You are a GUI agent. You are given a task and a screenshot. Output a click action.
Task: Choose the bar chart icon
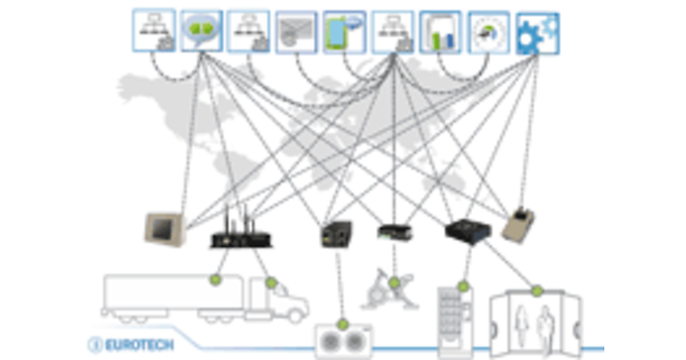[440, 33]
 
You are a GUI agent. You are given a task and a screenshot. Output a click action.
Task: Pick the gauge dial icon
[488, 33]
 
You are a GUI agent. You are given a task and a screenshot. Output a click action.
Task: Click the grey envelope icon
[296, 33]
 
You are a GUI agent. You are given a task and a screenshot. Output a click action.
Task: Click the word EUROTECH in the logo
[139, 345]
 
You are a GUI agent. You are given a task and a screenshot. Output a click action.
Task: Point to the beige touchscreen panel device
[164, 229]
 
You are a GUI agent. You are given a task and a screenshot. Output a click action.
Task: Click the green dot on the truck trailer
[216, 280]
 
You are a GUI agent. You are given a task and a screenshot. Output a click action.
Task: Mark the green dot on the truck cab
[272, 282]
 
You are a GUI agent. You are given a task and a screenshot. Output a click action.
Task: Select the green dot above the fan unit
[343, 325]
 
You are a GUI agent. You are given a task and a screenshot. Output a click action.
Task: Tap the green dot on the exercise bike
[394, 282]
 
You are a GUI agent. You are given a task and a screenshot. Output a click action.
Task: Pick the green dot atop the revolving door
[537, 291]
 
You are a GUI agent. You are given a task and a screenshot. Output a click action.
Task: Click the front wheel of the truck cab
[294, 314]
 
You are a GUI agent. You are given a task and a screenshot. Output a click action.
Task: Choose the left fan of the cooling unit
[331, 342]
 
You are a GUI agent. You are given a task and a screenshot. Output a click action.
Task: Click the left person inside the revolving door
[521, 326]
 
